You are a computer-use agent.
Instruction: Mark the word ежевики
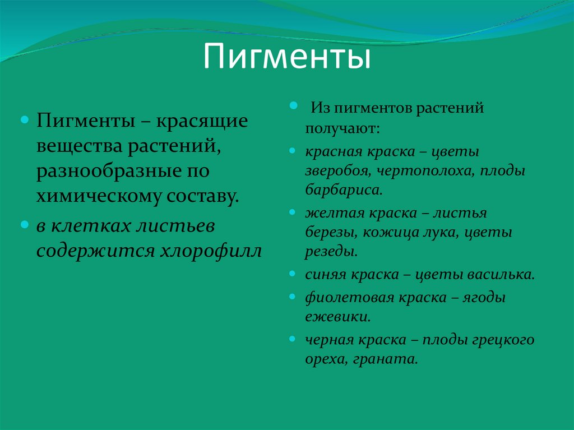pyautogui.click(x=337, y=317)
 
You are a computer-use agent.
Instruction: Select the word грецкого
pyautogui.click(x=504, y=340)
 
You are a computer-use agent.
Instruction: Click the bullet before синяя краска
pyautogui.click(x=293, y=275)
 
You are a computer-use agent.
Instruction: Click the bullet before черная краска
pyautogui.click(x=293, y=340)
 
